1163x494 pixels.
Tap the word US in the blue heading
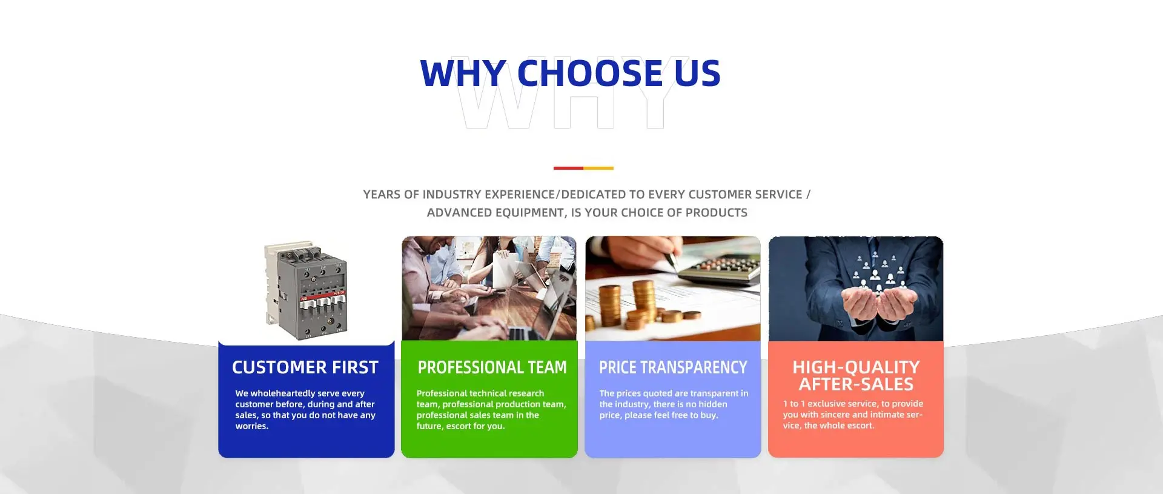697,73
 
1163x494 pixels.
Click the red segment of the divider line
568,168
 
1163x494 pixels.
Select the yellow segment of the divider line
598,168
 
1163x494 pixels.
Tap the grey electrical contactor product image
306,291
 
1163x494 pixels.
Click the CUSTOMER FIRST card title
305,367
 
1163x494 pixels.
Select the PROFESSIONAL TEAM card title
492,367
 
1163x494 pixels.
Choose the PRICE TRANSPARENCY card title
673,367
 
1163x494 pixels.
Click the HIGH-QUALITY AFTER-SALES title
856,376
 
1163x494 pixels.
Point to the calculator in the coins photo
724,270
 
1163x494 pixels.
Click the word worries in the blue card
251,426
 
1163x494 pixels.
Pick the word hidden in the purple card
713,404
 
